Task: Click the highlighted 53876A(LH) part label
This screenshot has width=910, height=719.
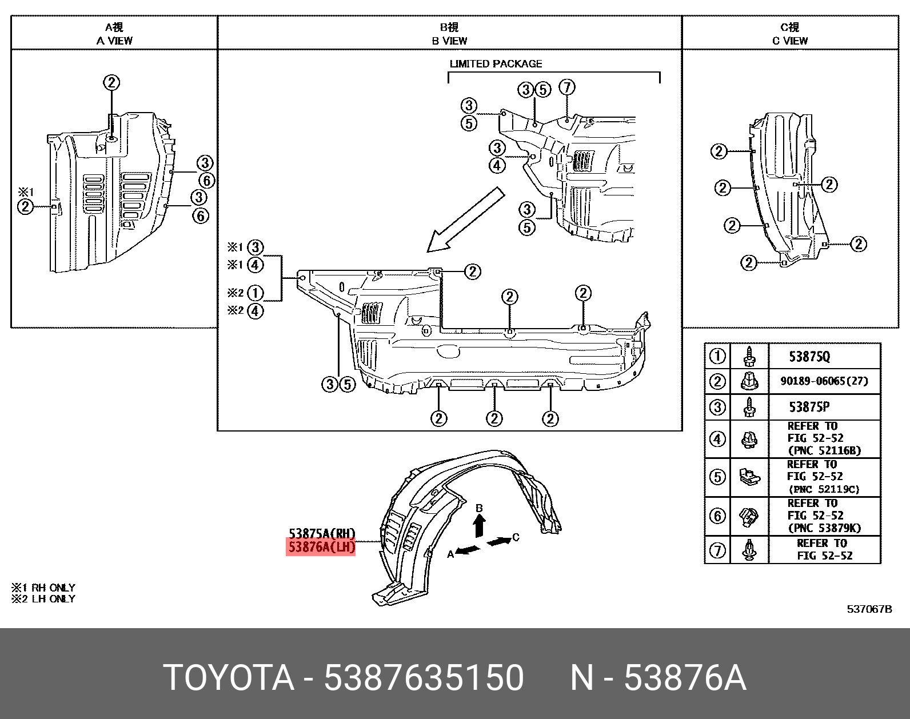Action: tap(321, 547)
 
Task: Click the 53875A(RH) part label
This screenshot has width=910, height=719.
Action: tap(321, 533)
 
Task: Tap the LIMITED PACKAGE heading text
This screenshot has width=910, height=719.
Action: tap(496, 64)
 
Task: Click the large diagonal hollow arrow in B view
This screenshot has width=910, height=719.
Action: tap(466, 220)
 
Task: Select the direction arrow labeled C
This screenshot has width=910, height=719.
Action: tap(500, 540)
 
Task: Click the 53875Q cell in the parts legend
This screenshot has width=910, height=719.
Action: tap(809, 357)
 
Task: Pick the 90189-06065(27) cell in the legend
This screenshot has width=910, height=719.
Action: tap(824, 381)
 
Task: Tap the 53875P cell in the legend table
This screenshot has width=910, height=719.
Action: tap(809, 407)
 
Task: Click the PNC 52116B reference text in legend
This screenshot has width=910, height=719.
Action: tap(824, 450)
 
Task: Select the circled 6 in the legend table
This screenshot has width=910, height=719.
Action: tap(717, 516)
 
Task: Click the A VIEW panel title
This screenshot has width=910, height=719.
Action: tap(114, 41)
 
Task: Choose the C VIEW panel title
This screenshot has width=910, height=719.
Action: tap(790, 41)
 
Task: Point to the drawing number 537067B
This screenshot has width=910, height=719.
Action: tap(869, 609)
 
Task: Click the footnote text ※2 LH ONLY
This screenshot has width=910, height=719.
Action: tap(43, 599)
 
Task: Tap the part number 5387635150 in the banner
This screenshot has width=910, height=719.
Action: tap(424, 678)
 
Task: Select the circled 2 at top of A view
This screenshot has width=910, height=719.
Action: tap(111, 82)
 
